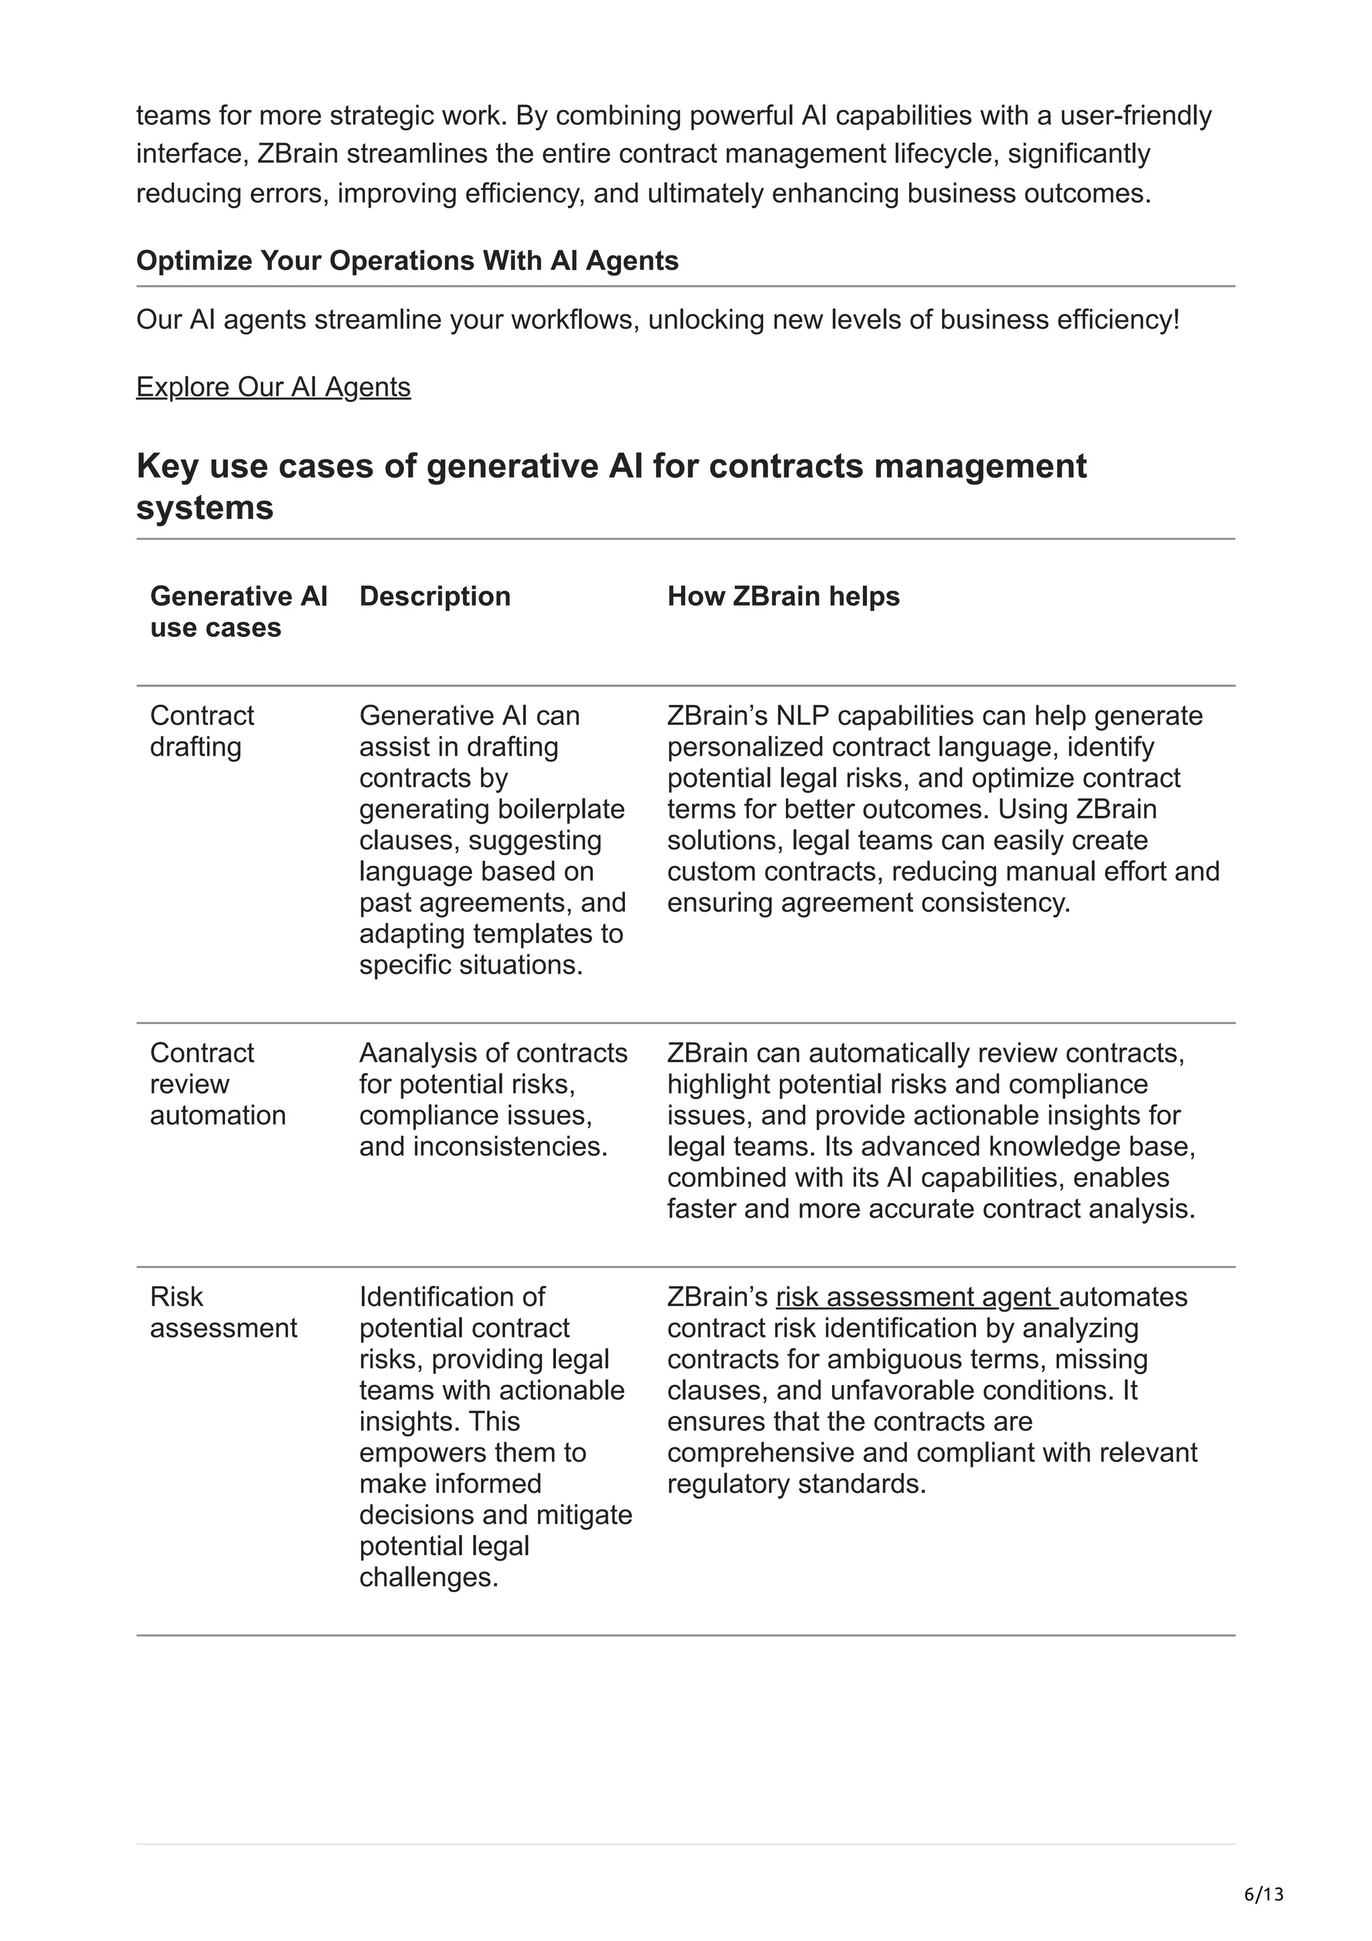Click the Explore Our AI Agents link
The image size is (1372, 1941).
[x=273, y=386]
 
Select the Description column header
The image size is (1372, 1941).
[x=435, y=596]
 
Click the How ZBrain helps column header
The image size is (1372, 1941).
[x=782, y=596]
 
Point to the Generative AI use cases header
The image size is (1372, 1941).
[x=238, y=612]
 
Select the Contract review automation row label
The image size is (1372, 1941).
[x=217, y=1084]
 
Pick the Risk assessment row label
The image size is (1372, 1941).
[x=223, y=1312]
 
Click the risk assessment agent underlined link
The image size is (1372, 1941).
[x=916, y=1297]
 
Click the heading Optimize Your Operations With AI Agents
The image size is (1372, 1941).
[x=407, y=261]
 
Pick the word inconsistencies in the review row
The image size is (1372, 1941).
[x=510, y=1147]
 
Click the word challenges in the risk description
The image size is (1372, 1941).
[x=428, y=1577]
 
